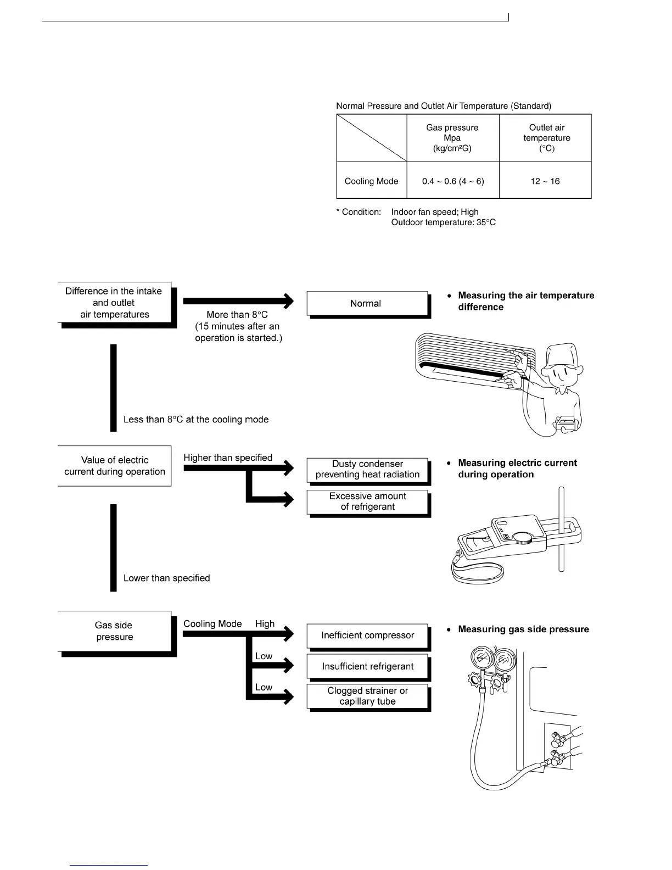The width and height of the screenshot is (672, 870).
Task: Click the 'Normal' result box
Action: (367, 304)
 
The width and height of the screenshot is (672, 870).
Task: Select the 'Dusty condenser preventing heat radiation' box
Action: (367, 470)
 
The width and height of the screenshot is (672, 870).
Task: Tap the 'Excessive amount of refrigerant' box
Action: (367, 501)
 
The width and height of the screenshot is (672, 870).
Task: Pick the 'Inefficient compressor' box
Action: (367, 635)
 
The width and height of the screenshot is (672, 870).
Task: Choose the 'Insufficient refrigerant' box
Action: (367, 667)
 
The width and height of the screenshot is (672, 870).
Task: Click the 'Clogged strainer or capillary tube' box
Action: (367, 696)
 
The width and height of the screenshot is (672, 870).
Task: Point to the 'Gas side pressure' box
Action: (114, 631)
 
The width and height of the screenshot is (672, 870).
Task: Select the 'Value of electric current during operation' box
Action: (114, 466)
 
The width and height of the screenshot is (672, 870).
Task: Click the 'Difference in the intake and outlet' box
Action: (114, 303)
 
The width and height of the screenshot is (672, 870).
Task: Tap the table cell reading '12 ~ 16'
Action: (545, 181)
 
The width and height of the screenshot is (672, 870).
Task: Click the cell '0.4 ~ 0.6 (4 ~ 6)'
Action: (453, 181)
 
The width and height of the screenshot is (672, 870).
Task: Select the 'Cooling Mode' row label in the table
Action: (371, 181)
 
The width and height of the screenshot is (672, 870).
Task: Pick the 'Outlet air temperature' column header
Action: (546, 138)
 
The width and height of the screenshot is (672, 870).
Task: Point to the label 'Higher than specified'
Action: (228, 458)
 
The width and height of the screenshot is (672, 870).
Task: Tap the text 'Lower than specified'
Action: (167, 578)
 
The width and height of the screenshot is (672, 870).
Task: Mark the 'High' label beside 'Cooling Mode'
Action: (265, 623)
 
